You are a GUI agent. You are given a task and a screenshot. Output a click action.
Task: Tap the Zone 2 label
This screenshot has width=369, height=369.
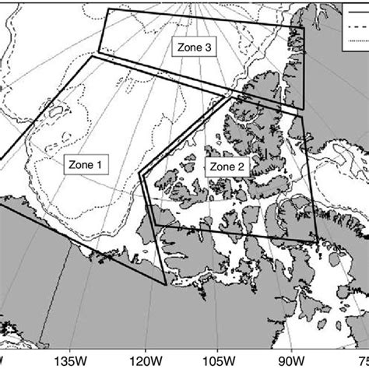(x=223, y=167)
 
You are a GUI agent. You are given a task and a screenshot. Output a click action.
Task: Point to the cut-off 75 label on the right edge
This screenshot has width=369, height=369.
(x=362, y=146)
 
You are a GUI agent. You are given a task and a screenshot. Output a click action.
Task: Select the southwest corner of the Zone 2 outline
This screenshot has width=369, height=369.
(x=154, y=226)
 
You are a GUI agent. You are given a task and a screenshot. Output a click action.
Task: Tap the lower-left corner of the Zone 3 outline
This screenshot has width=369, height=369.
(x=95, y=54)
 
